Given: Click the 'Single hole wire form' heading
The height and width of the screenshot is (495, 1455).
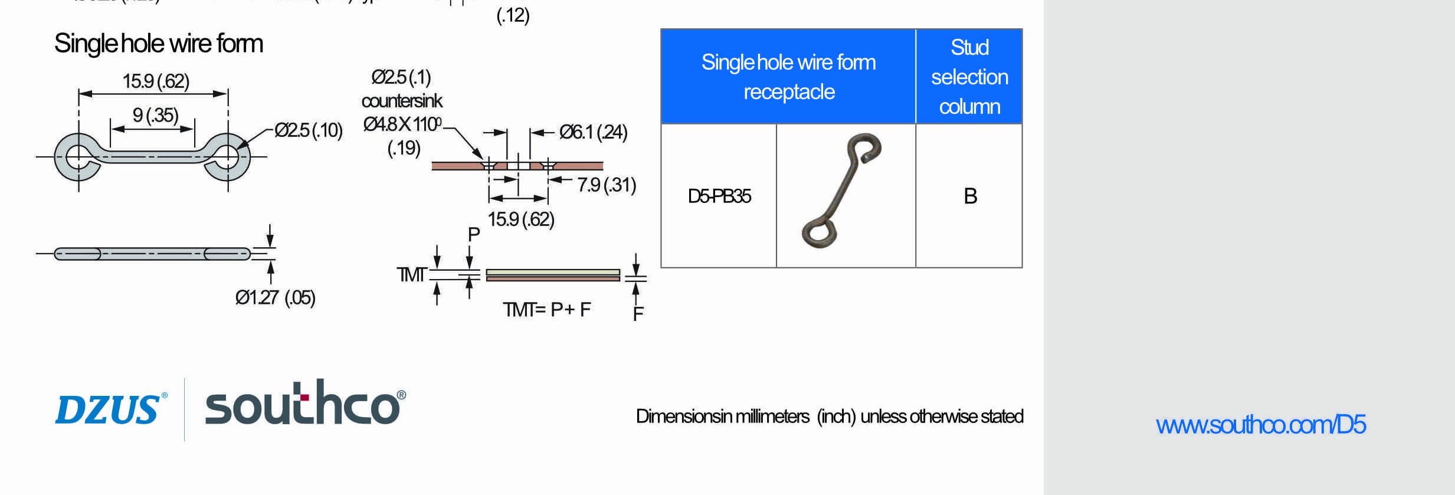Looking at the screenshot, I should tap(158, 44).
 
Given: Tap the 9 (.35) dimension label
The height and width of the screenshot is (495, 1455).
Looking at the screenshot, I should tap(155, 114).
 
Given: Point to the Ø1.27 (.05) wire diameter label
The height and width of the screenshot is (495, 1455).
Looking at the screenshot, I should tap(275, 297).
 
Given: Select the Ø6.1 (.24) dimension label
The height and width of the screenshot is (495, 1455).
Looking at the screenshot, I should tap(593, 132).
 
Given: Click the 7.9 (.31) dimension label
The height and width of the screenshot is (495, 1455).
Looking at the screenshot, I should tap(607, 185).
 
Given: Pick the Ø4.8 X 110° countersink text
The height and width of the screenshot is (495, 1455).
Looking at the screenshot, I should tap(402, 124).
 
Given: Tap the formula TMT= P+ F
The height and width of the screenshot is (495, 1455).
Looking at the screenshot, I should tap(546, 309).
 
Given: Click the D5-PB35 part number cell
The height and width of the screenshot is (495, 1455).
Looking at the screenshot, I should tap(719, 196).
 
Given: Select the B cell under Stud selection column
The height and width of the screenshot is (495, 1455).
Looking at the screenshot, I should tap(970, 196).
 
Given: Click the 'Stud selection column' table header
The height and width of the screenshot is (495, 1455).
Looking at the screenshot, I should tap(969, 77).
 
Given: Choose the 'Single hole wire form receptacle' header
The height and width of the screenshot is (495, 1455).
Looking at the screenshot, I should tap(788, 77).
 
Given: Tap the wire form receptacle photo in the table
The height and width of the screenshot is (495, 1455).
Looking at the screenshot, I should tap(841, 190).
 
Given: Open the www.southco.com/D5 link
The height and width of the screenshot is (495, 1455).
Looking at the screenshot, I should tap(1260, 425).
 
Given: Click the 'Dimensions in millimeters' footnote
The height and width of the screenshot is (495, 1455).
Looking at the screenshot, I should tap(829, 417).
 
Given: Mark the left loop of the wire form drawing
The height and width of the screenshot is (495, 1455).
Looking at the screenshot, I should tap(78, 157).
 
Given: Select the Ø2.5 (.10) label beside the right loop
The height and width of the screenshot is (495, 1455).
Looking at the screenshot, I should tap(309, 130).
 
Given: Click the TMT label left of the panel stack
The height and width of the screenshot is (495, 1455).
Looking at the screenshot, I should tap(411, 274).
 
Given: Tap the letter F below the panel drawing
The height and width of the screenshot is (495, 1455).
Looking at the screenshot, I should tap(638, 314).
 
